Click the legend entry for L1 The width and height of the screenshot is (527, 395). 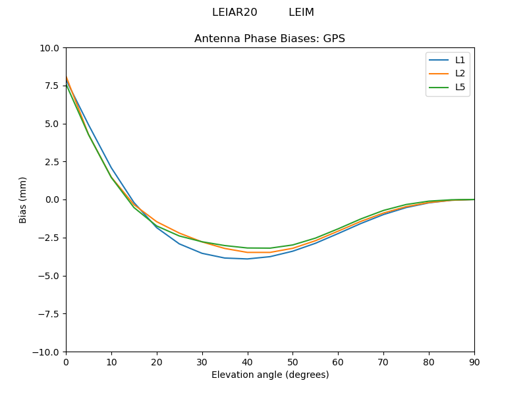pos(460,60)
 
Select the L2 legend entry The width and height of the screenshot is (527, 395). pos(460,73)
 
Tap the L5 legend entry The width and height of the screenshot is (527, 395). pos(460,87)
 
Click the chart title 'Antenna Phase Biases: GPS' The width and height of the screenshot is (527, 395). pos(269,39)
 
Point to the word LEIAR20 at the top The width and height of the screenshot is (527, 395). pos(235,13)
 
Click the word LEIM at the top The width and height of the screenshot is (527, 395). pos(301,13)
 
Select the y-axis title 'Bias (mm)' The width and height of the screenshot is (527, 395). pos(23,199)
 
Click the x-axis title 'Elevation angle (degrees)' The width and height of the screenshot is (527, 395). pos(269,375)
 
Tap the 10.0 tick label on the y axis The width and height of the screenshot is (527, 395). pos(50,48)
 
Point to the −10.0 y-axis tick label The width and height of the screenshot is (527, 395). pos(47,352)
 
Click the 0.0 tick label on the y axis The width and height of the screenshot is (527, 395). pos(52,199)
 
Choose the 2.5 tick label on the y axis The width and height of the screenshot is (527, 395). pos(52,162)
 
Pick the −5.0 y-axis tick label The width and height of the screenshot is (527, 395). pos(49,276)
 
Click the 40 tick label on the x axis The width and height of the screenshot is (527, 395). pos(247,362)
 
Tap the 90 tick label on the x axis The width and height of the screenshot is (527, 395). pos(474,362)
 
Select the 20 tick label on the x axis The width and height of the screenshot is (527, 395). pos(157,362)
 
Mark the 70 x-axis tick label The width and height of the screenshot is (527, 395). pos(383,362)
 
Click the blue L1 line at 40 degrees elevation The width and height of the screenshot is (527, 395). pos(247,259)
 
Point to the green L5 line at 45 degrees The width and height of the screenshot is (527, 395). pos(270,248)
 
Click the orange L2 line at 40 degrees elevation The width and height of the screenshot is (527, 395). pos(247,252)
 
